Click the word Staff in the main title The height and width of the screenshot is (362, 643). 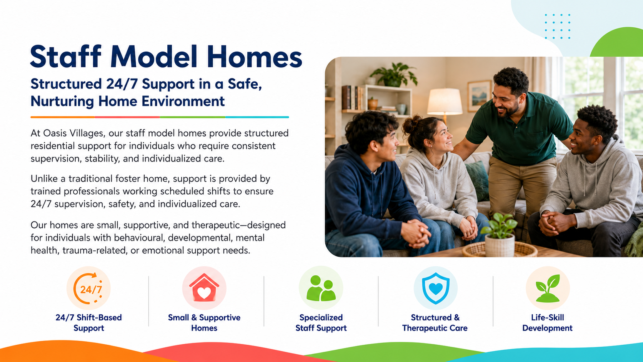point(66,56)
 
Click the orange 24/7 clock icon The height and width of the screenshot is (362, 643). point(88,288)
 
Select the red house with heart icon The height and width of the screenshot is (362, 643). point(204,288)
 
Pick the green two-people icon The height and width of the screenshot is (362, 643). point(321,288)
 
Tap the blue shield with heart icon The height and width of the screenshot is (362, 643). point(435,288)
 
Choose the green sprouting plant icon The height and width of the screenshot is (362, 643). point(548,288)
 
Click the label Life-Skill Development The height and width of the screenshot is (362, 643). point(547,323)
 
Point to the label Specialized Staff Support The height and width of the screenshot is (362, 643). point(321,323)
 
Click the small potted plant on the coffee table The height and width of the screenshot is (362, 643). point(500,234)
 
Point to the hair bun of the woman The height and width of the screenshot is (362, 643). point(411,124)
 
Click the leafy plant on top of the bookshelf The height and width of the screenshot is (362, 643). point(394,75)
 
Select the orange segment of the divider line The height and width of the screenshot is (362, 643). point(63,117)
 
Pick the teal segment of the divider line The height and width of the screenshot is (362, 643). point(257,117)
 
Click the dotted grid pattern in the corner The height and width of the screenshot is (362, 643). point(558,26)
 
